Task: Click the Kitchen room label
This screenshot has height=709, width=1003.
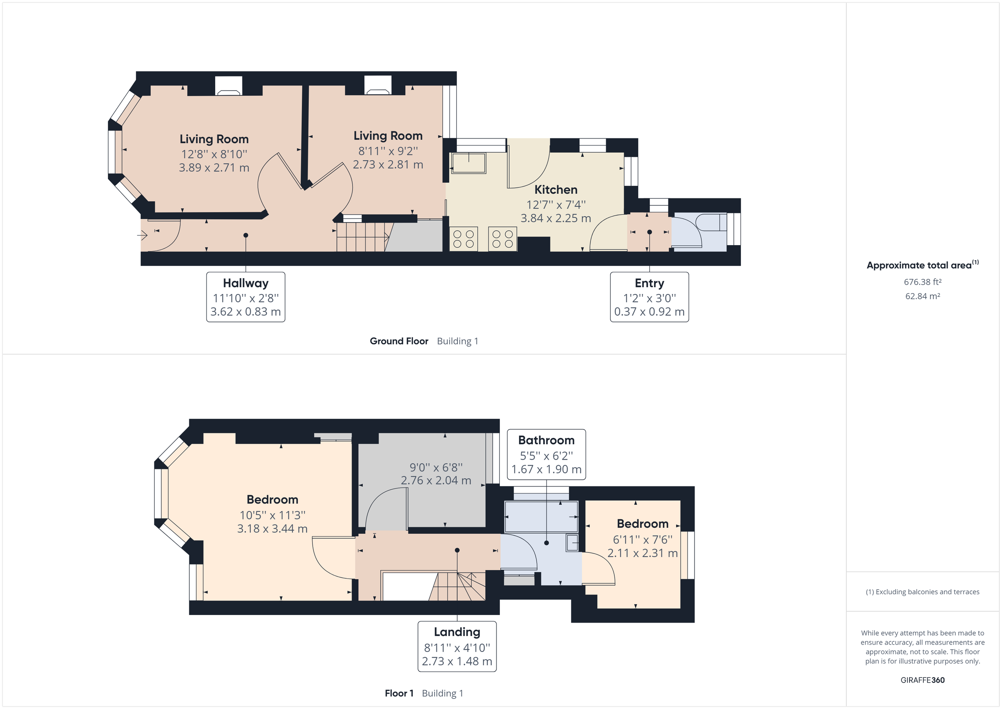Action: [556, 190]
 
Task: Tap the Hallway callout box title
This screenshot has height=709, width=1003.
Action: [245, 283]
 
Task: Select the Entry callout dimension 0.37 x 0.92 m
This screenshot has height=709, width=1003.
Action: [649, 312]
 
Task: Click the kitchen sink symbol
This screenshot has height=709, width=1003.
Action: [468, 163]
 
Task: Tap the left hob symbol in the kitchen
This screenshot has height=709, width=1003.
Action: [463, 239]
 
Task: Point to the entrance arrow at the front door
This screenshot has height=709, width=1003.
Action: [143, 236]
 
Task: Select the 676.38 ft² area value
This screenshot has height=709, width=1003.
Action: [922, 282]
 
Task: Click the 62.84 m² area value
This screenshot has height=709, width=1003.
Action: [922, 296]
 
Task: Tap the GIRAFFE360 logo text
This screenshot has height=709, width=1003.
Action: [922, 680]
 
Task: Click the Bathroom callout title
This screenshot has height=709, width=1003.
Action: [546, 440]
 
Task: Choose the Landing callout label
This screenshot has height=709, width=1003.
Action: [457, 632]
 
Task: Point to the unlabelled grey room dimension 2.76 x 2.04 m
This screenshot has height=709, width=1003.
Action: [435, 480]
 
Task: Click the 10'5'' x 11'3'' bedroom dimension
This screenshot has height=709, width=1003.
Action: [272, 515]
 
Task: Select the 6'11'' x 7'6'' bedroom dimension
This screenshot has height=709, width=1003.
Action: [642, 539]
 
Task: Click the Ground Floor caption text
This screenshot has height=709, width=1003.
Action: [399, 341]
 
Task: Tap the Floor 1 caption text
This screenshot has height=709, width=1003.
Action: [399, 693]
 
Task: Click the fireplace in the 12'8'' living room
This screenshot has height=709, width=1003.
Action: [229, 86]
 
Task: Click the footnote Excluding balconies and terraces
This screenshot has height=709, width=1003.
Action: [922, 592]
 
